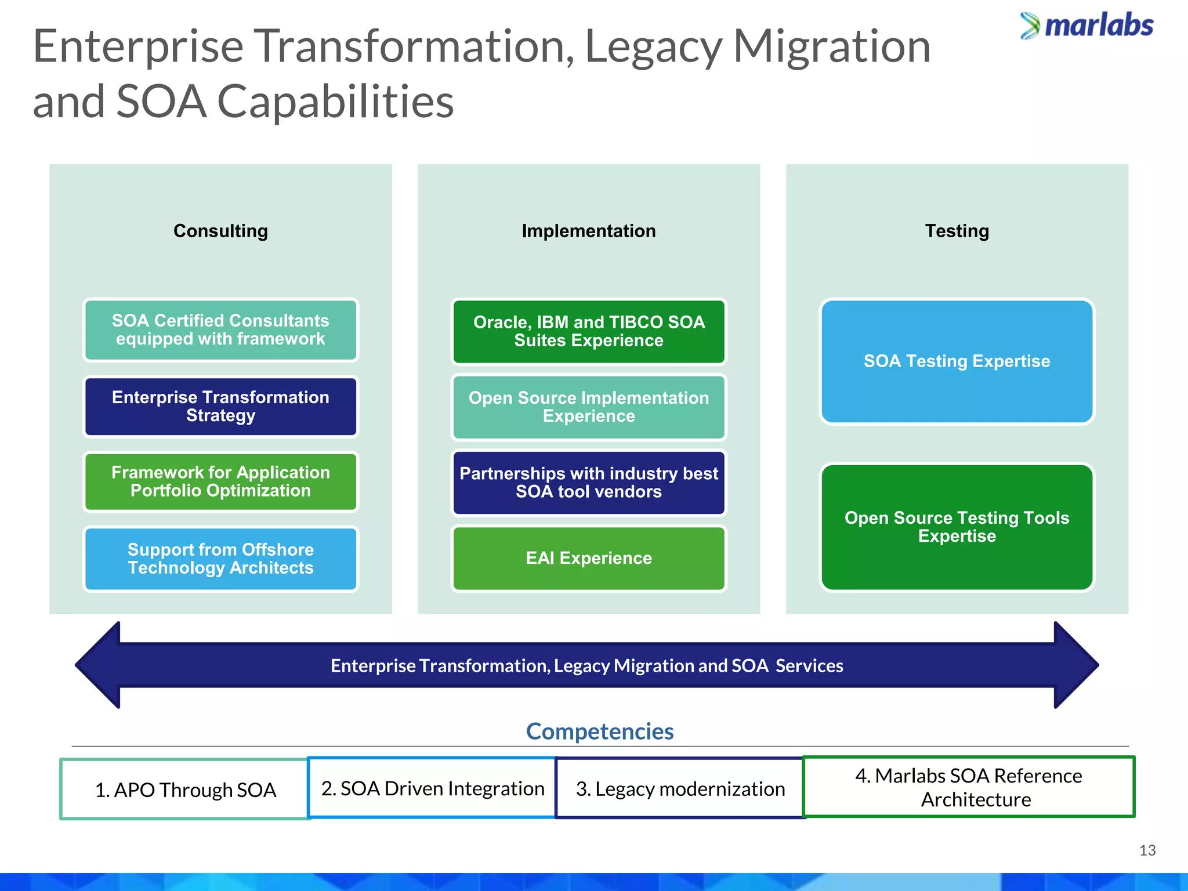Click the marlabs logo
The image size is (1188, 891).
[x=1086, y=26]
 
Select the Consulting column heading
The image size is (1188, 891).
[x=220, y=231]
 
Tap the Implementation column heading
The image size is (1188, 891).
[x=588, y=231]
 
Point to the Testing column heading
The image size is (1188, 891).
[x=957, y=231]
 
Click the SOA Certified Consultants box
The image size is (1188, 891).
[x=220, y=330]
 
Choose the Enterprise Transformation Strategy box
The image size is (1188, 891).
[x=220, y=407]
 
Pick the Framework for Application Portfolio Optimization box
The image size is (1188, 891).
[x=220, y=482]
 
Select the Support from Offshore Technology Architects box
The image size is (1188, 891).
[x=220, y=559]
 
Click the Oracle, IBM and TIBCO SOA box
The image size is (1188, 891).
[x=588, y=331]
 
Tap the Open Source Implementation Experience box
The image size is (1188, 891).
[x=588, y=407]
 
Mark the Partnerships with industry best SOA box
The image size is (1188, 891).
[x=588, y=483]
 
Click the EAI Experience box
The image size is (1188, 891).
[x=588, y=558]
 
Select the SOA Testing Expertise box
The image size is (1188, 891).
[x=957, y=361]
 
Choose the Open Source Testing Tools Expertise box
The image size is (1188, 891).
[x=957, y=527]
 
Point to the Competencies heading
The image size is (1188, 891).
[x=599, y=731]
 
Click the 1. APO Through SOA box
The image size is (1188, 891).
[x=185, y=789]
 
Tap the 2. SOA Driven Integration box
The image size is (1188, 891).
[x=432, y=788]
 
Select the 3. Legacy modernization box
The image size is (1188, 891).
[x=680, y=789]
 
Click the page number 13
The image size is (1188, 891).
[x=1147, y=850]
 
